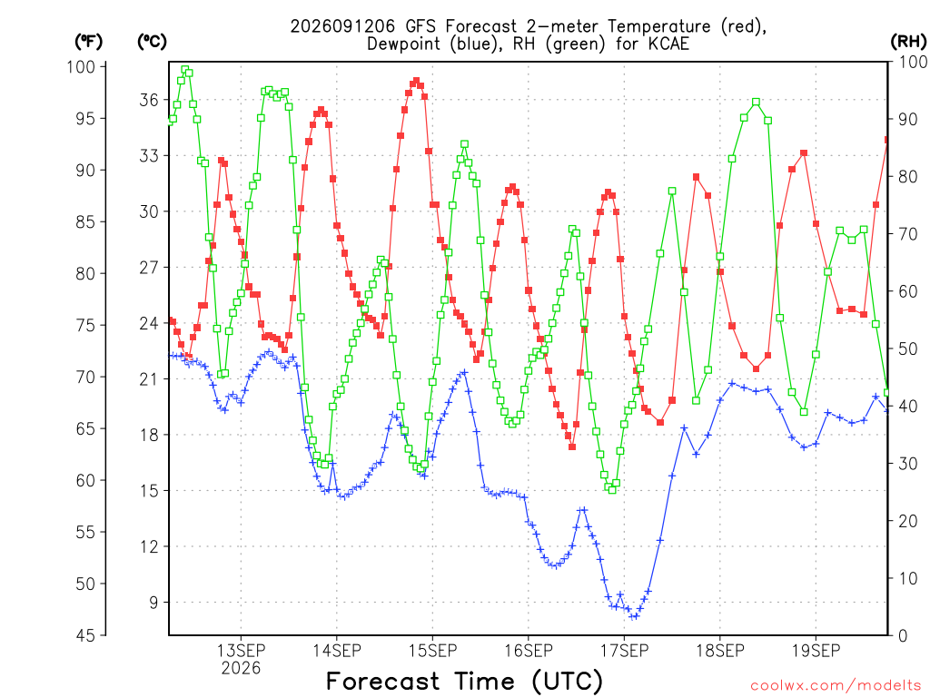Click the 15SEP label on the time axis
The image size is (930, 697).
432,651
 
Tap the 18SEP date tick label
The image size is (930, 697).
720,651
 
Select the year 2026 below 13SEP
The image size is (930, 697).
241,669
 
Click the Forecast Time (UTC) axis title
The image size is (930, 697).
464,682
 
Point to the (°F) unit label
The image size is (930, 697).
88,42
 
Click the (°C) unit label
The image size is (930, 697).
152,42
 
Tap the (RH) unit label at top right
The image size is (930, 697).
908,42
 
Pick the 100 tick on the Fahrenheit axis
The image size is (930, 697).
81,66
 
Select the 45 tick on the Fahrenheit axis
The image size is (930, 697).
86,635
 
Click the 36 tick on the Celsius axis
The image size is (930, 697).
150,100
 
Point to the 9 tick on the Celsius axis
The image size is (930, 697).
154,603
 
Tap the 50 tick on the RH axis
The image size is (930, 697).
908,348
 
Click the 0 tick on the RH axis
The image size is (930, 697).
903,635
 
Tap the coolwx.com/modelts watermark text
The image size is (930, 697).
836,686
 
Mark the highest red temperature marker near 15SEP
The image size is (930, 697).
416,81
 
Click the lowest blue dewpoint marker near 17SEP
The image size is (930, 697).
634,616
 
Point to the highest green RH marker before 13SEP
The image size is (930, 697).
185,69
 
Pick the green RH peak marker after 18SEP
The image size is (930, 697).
757,103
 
